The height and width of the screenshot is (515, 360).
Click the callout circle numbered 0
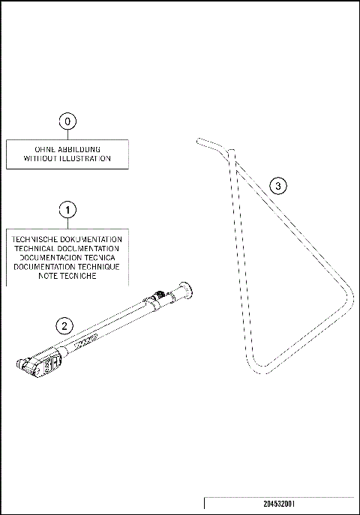point(68,121)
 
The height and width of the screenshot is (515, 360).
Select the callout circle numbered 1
point(68,209)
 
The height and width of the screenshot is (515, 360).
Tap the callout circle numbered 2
point(66,325)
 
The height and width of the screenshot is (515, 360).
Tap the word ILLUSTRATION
point(87,159)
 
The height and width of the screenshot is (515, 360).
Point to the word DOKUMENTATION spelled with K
point(94,239)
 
